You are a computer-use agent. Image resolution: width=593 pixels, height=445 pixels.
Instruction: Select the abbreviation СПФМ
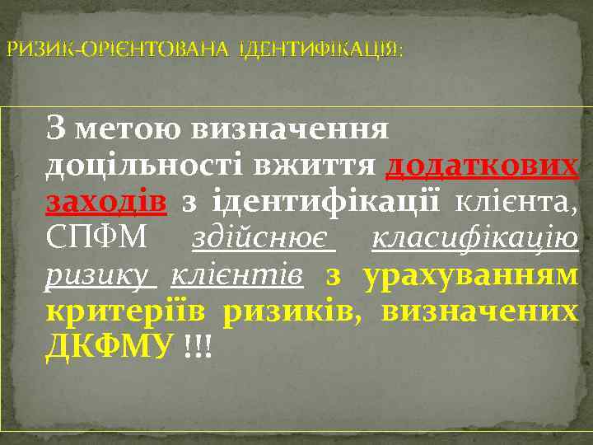pyautogui.click(x=97, y=238)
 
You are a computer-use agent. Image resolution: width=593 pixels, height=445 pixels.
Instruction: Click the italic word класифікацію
pyautogui.click(x=475, y=238)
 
